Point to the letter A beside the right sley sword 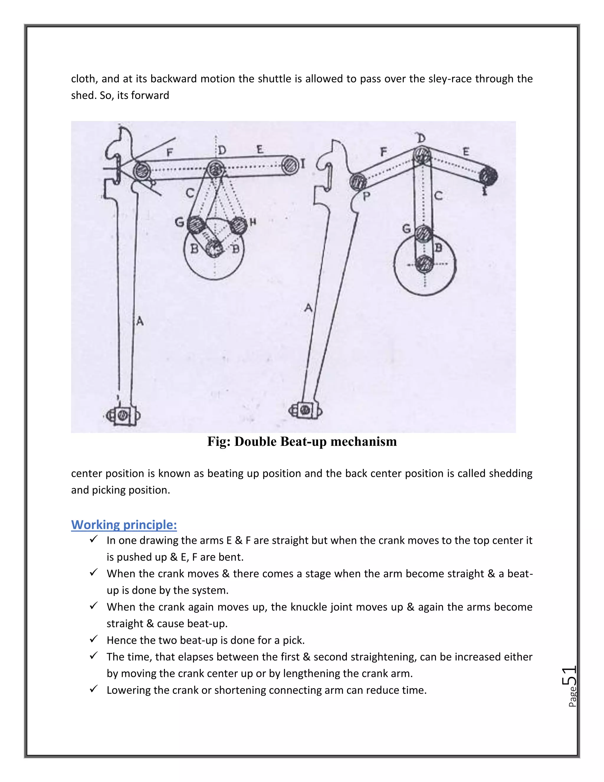(308, 307)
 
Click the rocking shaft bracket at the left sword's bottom (123, 416)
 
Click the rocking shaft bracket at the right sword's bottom (305, 410)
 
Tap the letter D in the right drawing (421, 138)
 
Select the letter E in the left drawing (260, 150)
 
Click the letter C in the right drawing (438, 195)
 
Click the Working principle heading (124, 525)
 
